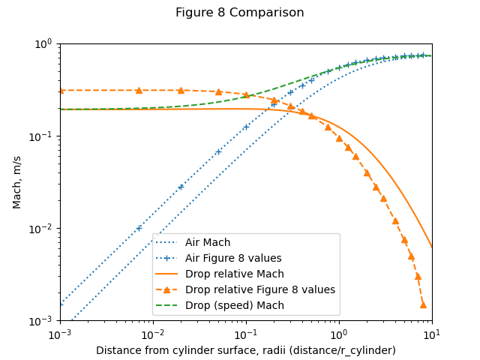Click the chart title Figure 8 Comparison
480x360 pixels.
[240, 13]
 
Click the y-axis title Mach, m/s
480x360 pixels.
[17, 182]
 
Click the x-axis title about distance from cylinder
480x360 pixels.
[246, 350]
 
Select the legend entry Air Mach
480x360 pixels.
[208, 243]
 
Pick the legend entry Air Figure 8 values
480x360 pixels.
[233, 259]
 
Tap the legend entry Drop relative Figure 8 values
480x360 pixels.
[259, 290]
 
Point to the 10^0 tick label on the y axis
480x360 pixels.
[43, 43]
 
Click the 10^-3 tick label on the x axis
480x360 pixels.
[60, 333]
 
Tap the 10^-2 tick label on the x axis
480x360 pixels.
[153, 333]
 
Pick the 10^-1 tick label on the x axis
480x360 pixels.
[246, 333]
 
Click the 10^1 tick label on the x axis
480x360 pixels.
[432, 333]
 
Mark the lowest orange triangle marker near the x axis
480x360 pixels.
[423, 304]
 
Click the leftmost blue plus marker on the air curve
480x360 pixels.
[139, 228]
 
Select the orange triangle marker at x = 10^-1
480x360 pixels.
[246, 95]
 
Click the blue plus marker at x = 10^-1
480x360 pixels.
[246, 127]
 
